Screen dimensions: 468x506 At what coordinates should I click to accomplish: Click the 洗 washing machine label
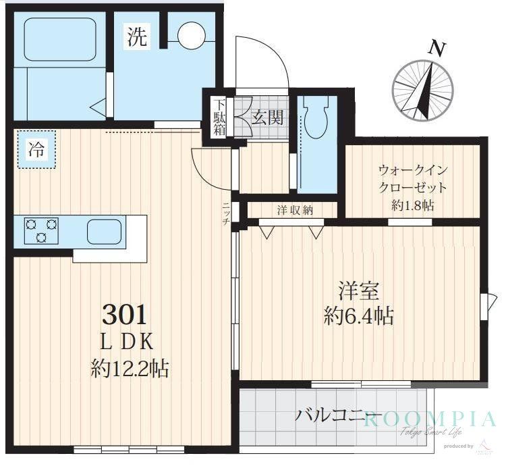tap(137, 38)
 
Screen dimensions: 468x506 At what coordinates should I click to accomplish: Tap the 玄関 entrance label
tap(267, 118)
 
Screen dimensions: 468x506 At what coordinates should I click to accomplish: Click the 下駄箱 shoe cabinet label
tap(220, 118)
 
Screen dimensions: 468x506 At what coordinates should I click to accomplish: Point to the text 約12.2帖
tap(130, 368)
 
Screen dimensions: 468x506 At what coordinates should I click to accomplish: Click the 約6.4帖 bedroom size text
tap(359, 316)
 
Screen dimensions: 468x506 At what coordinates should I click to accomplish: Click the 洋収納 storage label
tap(295, 210)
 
